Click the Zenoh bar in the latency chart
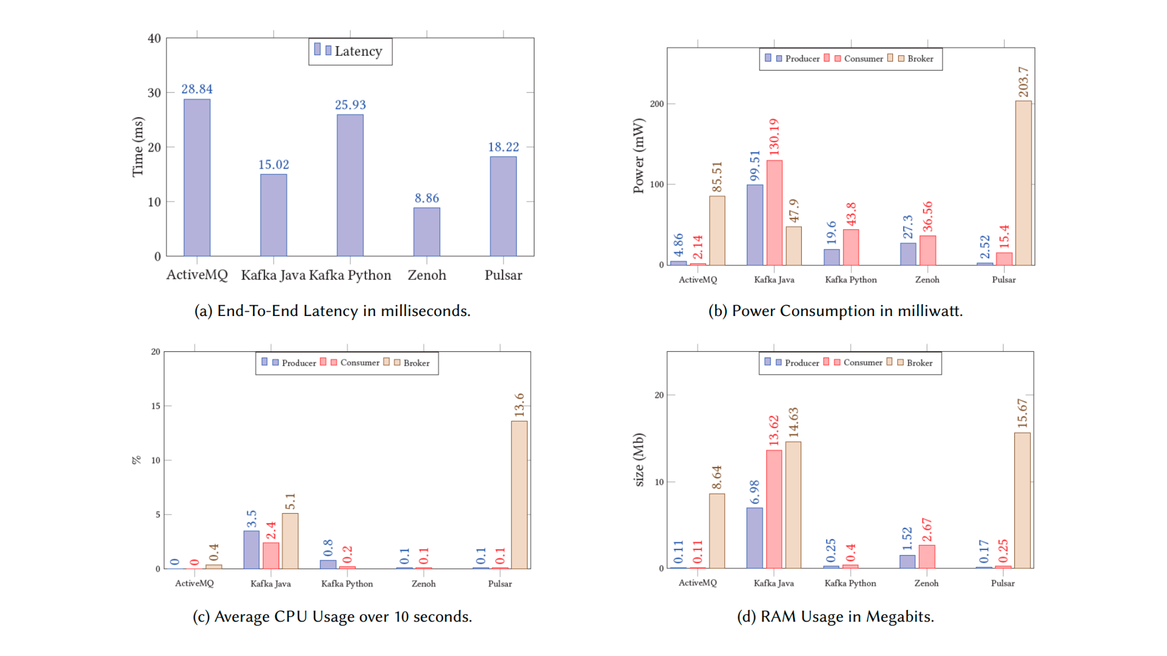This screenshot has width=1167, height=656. (426, 232)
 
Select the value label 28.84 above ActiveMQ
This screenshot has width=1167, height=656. (197, 89)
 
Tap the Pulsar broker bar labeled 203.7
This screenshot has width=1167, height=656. (1023, 183)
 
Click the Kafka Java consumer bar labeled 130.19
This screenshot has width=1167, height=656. (774, 212)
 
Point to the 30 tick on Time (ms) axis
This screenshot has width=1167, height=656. (154, 93)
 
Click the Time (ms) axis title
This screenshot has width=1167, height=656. (137, 146)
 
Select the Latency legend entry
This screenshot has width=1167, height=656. (350, 51)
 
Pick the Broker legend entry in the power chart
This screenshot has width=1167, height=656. (915, 59)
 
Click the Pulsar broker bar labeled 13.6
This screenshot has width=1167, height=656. (519, 494)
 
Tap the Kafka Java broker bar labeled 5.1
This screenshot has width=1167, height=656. (290, 540)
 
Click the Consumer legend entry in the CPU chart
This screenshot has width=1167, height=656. (354, 363)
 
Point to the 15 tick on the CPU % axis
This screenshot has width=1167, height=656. (156, 406)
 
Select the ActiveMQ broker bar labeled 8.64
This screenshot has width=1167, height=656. (717, 530)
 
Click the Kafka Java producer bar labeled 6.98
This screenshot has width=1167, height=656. (754, 538)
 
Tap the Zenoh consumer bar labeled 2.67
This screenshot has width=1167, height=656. (927, 556)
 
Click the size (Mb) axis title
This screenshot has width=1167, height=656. (639, 460)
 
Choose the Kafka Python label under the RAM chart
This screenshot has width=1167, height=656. (850, 583)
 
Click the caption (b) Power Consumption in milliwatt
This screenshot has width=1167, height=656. (835, 311)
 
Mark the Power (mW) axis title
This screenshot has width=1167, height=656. (638, 155)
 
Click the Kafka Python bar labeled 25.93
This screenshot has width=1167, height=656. (350, 185)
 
